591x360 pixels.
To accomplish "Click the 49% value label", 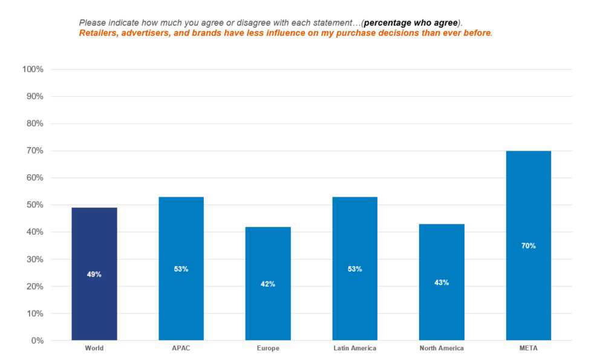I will click(94, 274).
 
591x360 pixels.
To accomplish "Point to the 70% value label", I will click(528, 246).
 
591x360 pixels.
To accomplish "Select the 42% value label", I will click(268, 284).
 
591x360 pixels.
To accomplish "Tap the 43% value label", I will click(442, 283).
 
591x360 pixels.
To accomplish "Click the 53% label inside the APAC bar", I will click(181, 269).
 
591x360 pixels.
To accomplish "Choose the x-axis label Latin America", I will click(354, 349).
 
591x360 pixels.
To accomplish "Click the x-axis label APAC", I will click(181, 349).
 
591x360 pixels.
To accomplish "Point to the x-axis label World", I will click(94, 349).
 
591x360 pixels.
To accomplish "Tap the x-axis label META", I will click(528, 349).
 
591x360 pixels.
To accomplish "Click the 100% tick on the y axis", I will click(33, 70).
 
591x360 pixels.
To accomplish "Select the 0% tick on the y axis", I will click(37, 341).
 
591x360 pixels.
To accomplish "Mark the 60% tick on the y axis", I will click(34, 178).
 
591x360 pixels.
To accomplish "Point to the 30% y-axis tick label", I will click(34, 259).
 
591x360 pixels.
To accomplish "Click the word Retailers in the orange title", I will click(98, 33).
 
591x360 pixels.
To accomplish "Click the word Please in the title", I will click(92, 23).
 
